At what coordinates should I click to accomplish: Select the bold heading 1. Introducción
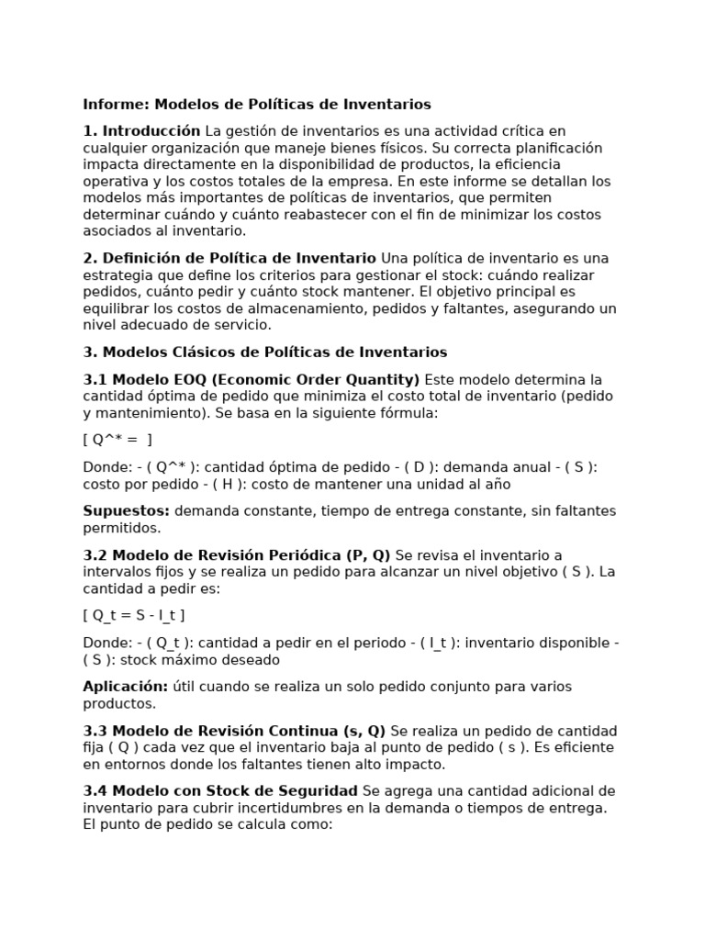click(141, 131)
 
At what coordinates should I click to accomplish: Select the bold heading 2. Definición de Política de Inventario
click(229, 258)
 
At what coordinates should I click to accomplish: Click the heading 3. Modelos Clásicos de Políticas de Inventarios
click(265, 352)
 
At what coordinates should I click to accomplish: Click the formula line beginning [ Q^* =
click(117, 440)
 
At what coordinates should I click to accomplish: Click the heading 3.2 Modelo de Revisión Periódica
click(237, 555)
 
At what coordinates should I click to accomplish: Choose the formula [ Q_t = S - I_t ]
click(140, 615)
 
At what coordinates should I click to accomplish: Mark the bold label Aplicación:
click(126, 687)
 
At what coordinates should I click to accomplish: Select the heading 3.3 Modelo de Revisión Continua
click(234, 732)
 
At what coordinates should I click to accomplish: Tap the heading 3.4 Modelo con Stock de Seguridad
click(220, 791)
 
